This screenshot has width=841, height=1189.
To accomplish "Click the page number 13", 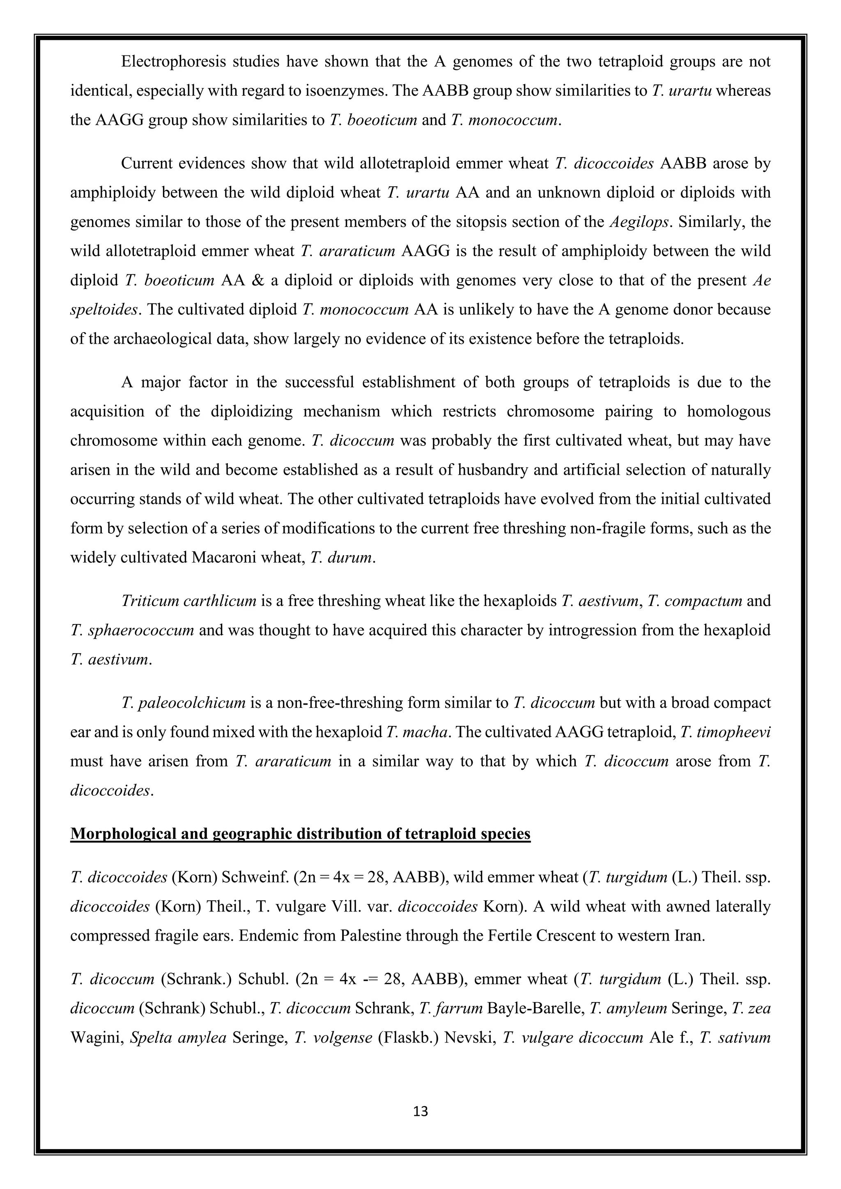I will [421, 1111].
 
